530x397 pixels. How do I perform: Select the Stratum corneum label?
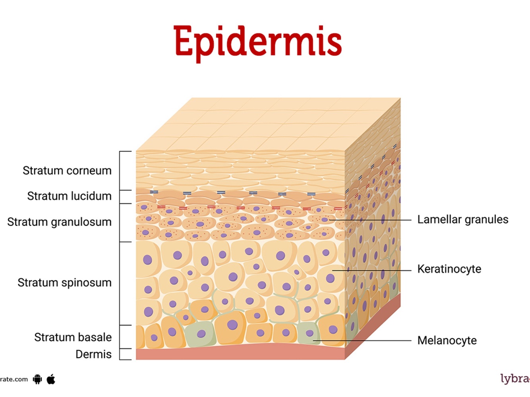pos(67,171)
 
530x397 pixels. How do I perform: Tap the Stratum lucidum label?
pos(69,196)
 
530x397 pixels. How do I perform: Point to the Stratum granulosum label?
pos(59,222)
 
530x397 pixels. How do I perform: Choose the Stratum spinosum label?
pos(64,283)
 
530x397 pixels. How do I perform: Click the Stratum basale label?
pos(73,337)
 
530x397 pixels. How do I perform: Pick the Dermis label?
pos(93,354)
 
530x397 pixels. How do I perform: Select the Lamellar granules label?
pos(462,220)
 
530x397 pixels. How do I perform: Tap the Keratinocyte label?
pos(449,269)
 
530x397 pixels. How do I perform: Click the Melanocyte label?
pos(447,341)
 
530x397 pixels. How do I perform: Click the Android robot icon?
pos(37,379)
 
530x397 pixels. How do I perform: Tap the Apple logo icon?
pos(51,379)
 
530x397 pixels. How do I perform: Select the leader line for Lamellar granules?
pos(369,220)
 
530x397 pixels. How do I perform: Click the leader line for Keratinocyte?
pos(371,271)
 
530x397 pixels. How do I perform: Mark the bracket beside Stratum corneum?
pos(120,171)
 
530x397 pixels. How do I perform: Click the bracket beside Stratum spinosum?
pos(120,283)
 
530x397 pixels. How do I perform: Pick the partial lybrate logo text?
pos(515,378)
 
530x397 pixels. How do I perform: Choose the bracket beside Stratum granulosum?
pos(120,223)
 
